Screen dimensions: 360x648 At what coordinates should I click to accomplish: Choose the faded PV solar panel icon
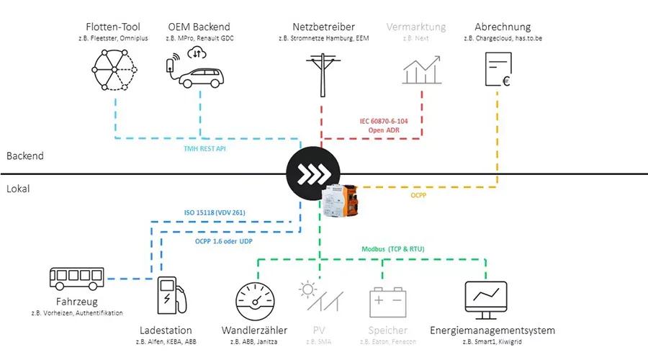[318, 296]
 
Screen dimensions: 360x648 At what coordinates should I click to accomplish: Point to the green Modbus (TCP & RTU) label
[392, 249]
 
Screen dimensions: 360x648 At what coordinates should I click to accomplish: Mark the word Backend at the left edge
[25, 156]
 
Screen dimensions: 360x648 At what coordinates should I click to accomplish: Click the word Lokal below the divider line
[19, 189]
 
